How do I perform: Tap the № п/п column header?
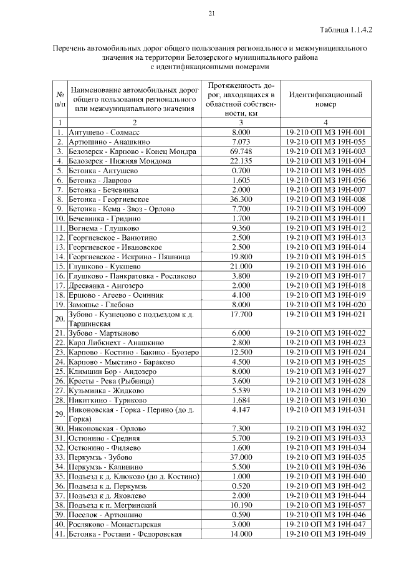pos(60,100)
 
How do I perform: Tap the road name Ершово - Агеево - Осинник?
pos(118,295)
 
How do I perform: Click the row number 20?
pos(60,318)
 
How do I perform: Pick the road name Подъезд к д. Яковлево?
pos(110,495)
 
